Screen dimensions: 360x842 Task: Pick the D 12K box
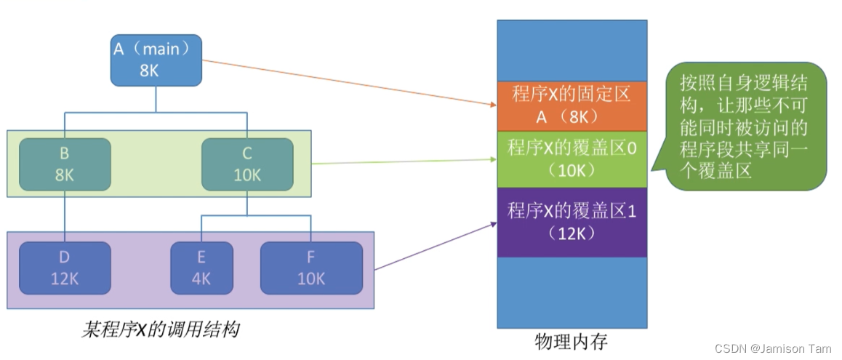[x=65, y=267]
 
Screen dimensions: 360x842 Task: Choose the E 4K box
[x=201, y=267]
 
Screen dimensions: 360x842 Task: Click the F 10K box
[x=311, y=267]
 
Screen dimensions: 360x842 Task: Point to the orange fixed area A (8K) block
[x=572, y=105]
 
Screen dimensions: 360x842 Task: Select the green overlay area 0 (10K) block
[x=572, y=159]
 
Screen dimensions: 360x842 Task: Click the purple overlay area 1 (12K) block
[x=572, y=222]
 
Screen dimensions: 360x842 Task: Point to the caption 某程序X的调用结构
[x=160, y=329]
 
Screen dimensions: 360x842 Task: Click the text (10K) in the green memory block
[x=572, y=170]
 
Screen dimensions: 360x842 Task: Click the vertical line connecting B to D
[x=65, y=214]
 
